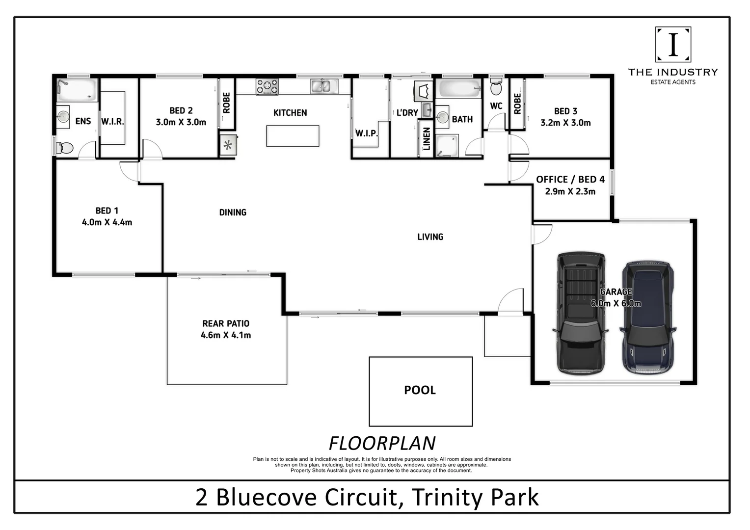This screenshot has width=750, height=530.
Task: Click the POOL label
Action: [420, 390]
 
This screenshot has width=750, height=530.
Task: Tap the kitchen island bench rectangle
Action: [293, 136]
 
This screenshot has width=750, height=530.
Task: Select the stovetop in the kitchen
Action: [267, 87]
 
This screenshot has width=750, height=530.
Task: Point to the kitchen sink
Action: [324, 86]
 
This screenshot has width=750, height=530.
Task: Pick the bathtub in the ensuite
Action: [77, 90]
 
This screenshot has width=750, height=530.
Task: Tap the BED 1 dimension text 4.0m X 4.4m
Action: [107, 222]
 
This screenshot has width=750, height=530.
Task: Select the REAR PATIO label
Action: [226, 324]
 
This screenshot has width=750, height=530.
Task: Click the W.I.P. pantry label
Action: [366, 133]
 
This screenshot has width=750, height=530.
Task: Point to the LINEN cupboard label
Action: [426, 139]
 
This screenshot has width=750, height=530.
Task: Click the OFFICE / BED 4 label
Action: [570, 180]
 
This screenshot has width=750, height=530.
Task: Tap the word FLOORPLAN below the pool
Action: [382, 443]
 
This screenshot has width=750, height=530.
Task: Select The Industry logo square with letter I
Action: [673, 44]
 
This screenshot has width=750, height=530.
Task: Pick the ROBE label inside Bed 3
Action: [517, 104]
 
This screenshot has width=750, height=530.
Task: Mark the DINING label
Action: [233, 212]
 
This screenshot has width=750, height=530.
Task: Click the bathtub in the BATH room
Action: [460, 89]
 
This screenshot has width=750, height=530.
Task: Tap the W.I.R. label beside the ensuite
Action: [112, 121]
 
